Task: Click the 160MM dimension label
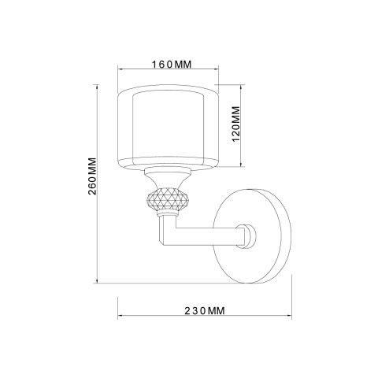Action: coord(172,65)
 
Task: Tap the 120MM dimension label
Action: coord(236,124)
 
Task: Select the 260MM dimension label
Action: coord(92,176)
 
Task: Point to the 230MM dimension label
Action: coord(205,311)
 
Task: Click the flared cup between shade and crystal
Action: coord(167,178)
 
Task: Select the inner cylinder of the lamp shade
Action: coord(169,128)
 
